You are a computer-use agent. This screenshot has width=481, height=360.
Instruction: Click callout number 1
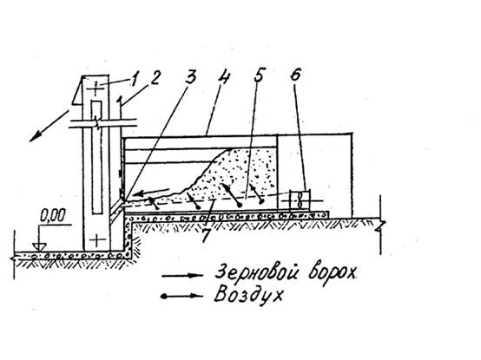pyautogui.click(x=134, y=79)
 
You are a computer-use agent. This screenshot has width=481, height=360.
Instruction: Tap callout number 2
pyautogui.click(x=155, y=77)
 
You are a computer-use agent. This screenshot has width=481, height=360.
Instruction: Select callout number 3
pyautogui.click(x=190, y=76)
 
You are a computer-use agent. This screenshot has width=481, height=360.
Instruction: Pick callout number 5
pyautogui.click(x=259, y=75)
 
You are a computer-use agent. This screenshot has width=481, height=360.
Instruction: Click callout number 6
pyautogui.click(x=295, y=75)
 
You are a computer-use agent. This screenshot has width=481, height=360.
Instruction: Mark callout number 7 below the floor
pyautogui.click(x=206, y=236)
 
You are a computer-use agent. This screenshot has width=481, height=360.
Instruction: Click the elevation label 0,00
pyautogui.click(x=53, y=215)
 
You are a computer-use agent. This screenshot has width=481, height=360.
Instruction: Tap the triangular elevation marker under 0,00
pyautogui.click(x=39, y=246)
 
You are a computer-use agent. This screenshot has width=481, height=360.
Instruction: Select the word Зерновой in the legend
pyautogui.click(x=258, y=272)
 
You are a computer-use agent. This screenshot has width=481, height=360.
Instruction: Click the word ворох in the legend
pyautogui.click(x=333, y=273)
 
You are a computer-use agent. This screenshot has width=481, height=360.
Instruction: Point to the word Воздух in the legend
pyautogui.click(x=247, y=294)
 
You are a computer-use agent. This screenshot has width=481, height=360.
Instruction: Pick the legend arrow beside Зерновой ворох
pyautogui.click(x=182, y=276)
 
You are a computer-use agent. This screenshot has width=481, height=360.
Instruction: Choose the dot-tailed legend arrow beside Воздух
pyautogui.click(x=181, y=296)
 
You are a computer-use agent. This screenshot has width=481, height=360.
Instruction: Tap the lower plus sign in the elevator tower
pyautogui.click(x=96, y=240)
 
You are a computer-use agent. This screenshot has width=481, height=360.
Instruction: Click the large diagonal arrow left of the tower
pyautogui.click(x=49, y=126)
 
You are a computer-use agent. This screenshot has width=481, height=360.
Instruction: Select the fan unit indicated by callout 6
pyautogui.click(x=300, y=200)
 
